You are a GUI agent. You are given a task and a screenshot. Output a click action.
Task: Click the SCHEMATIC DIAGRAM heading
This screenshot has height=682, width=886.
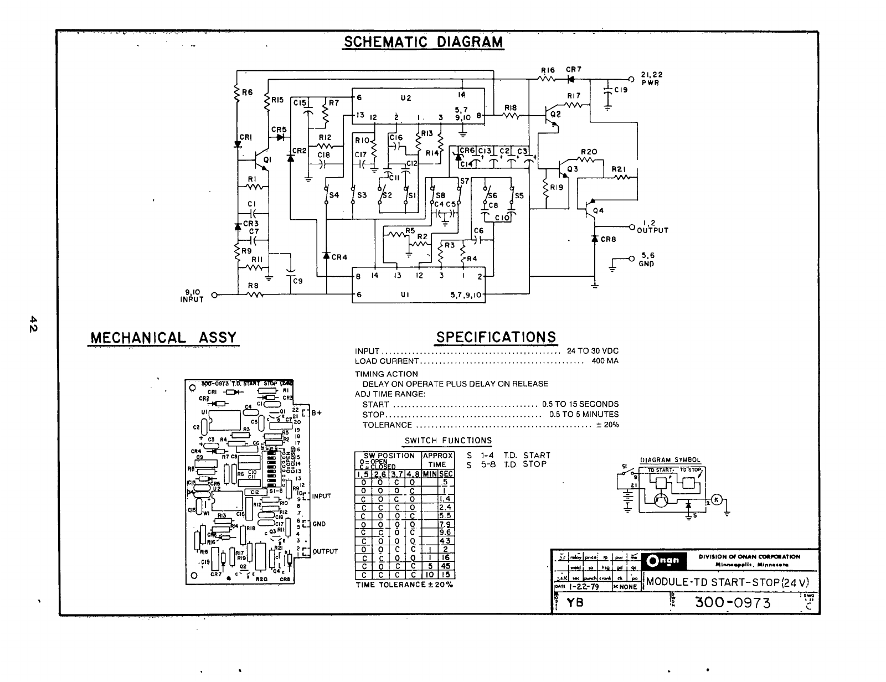coord(423,42)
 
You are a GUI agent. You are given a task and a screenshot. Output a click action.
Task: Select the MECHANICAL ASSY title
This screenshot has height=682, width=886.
coord(163,337)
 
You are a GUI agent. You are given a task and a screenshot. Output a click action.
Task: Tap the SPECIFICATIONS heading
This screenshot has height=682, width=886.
coord(496,337)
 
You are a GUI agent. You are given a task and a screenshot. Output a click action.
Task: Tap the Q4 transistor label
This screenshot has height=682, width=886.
coord(598,210)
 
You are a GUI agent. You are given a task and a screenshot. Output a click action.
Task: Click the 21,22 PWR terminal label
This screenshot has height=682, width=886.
coord(652,78)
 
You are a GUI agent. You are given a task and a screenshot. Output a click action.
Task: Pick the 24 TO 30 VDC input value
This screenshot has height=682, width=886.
coord(593,351)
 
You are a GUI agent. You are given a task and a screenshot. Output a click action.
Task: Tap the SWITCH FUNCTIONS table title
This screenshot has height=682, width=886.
coord(448,441)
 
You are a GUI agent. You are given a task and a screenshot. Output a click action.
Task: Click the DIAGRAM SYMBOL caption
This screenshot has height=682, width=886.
coord(670,460)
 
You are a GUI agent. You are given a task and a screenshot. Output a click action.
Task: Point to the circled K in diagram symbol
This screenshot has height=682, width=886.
coord(717,499)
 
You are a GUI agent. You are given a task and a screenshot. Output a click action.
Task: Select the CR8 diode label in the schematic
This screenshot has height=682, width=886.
coord(608,240)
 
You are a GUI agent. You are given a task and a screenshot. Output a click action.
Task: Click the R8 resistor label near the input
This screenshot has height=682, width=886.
coord(253,286)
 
